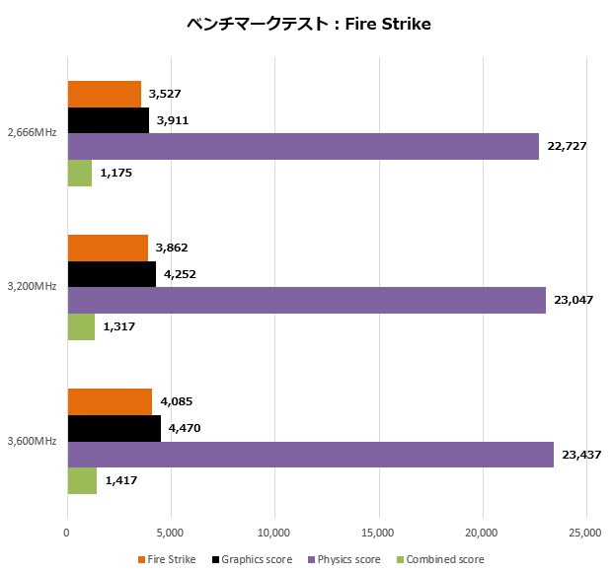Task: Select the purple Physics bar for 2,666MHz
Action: [x=303, y=147]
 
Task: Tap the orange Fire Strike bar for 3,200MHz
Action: [x=108, y=249]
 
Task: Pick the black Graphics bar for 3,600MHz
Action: [x=114, y=429]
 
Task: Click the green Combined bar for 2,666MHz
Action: [x=79, y=173]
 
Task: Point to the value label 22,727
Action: [x=566, y=147]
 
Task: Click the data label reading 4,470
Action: [x=187, y=429]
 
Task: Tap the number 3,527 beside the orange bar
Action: [x=164, y=95]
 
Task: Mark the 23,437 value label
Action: [x=580, y=455]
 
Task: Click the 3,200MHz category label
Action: [x=31, y=287]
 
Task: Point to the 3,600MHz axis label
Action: [x=31, y=441]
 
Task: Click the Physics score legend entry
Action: [x=346, y=559]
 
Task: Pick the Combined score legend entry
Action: [x=444, y=559]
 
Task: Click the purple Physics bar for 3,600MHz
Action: [x=310, y=455]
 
